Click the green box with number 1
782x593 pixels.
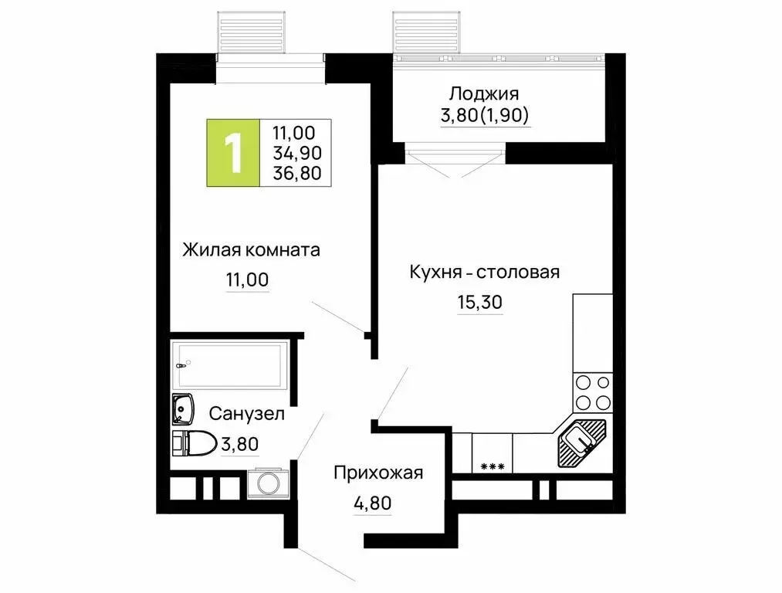point(232,153)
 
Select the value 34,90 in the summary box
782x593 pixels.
point(297,153)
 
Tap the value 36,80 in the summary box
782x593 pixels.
point(297,173)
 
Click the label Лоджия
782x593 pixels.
point(484,94)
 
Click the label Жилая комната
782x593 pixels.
point(251,250)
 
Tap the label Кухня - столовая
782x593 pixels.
point(484,272)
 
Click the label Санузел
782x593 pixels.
point(246,414)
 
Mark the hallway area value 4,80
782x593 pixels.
point(372,503)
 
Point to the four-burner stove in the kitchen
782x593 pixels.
point(592,391)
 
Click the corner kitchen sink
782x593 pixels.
point(580,442)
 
